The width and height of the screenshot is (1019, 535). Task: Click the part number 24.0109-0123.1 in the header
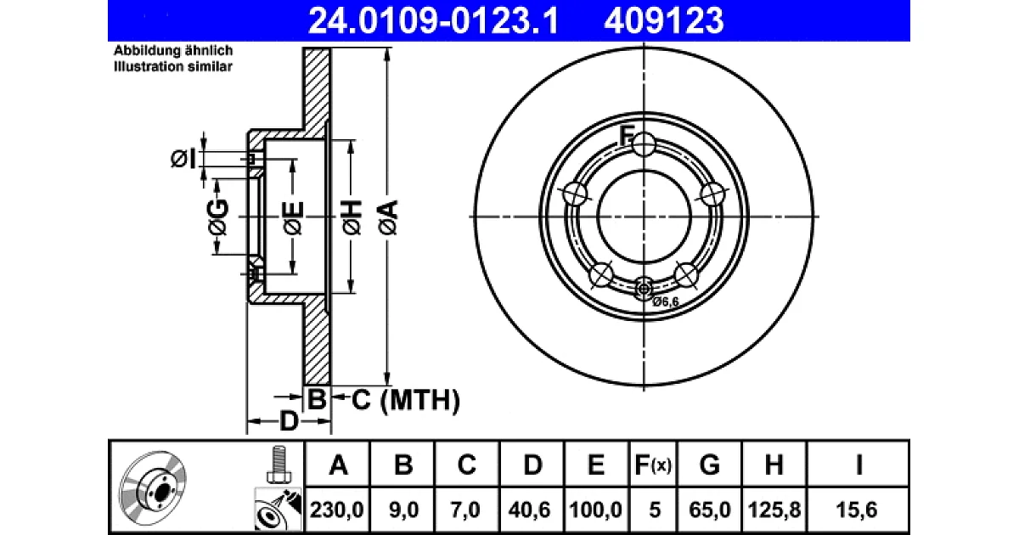click(433, 21)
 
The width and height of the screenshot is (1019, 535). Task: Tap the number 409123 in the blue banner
click(663, 21)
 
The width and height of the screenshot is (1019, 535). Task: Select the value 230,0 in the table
click(336, 510)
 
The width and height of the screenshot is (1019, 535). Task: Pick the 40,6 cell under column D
click(530, 510)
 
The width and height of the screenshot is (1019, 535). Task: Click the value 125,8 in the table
click(774, 510)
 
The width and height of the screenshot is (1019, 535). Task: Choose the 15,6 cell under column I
click(857, 510)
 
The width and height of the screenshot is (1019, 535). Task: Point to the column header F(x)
click(653, 465)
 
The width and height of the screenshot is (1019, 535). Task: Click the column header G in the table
click(709, 465)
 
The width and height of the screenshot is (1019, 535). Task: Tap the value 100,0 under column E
click(595, 510)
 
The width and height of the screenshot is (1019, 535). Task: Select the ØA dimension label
click(387, 217)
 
